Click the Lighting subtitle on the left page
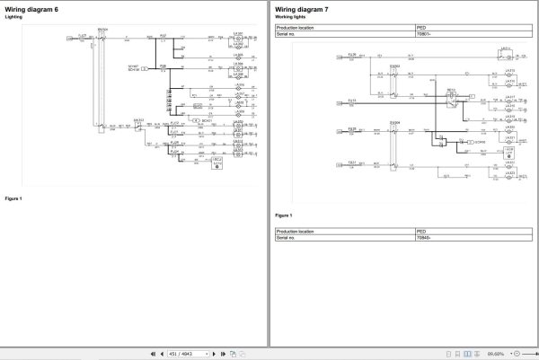click(x=13, y=17)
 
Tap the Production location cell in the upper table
click(x=300, y=28)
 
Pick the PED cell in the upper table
click(x=422, y=28)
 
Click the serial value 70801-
click(x=424, y=34)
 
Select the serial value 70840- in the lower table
click(x=424, y=238)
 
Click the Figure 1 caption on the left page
click(x=13, y=198)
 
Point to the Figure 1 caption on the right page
click(x=284, y=215)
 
